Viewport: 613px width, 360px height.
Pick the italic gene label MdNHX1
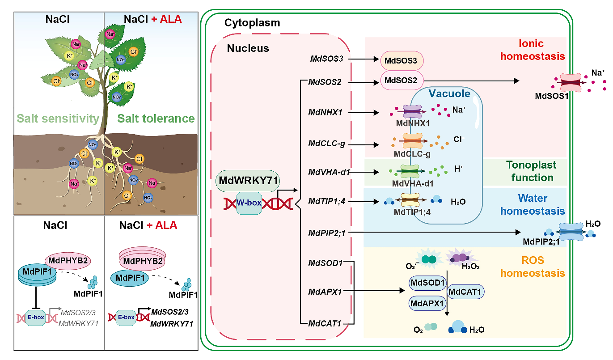click(x=325, y=112)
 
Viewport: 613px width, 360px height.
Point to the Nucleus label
click(x=248, y=48)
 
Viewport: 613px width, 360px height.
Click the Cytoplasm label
click(x=252, y=23)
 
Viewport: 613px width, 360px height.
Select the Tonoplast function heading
click(x=530, y=171)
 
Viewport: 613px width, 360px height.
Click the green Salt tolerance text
click(x=156, y=119)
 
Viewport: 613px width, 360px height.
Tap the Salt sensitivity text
click(x=58, y=119)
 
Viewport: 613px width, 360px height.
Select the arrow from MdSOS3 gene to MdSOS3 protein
click(x=363, y=59)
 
